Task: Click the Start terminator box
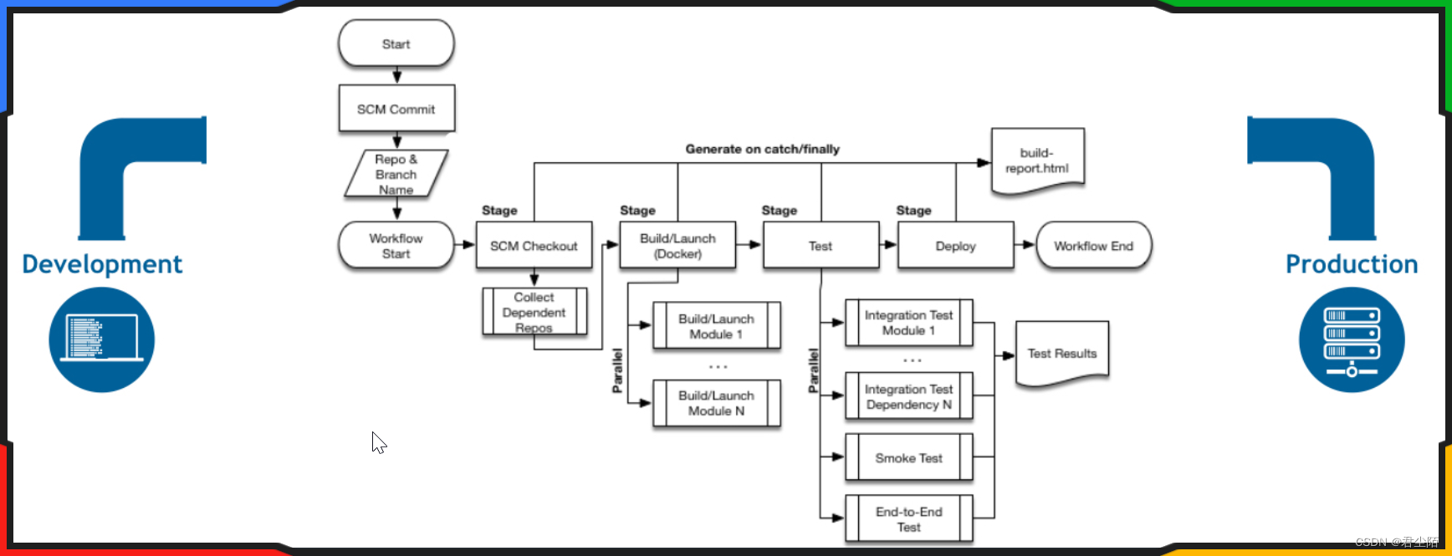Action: (x=396, y=44)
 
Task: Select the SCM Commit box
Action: (x=396, y=109)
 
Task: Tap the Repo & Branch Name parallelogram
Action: (x=396, y=174)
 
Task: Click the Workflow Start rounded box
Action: (x=396, y=246)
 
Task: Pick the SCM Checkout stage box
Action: (x=534, y=246)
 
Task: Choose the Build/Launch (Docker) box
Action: (x=677, y=246)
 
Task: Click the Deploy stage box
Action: (x=955, y=246)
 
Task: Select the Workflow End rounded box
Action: (x=1093, y=246)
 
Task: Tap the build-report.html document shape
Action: (x=1037, y=161)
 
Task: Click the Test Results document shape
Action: (x=1061, y=354)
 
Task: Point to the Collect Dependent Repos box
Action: (x=534, y=312)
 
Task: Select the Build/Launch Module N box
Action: (x=716, y=403)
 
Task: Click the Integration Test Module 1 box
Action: (x=908, y=323)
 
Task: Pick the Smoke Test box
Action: (x=908, y=458)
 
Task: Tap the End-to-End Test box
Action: (x=908, y=519)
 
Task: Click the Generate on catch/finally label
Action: (x=762, y=149)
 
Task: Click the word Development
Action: (x=102, y=264)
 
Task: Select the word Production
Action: (x=1352, y=264)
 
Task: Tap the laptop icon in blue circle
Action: (x=101, y=339)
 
